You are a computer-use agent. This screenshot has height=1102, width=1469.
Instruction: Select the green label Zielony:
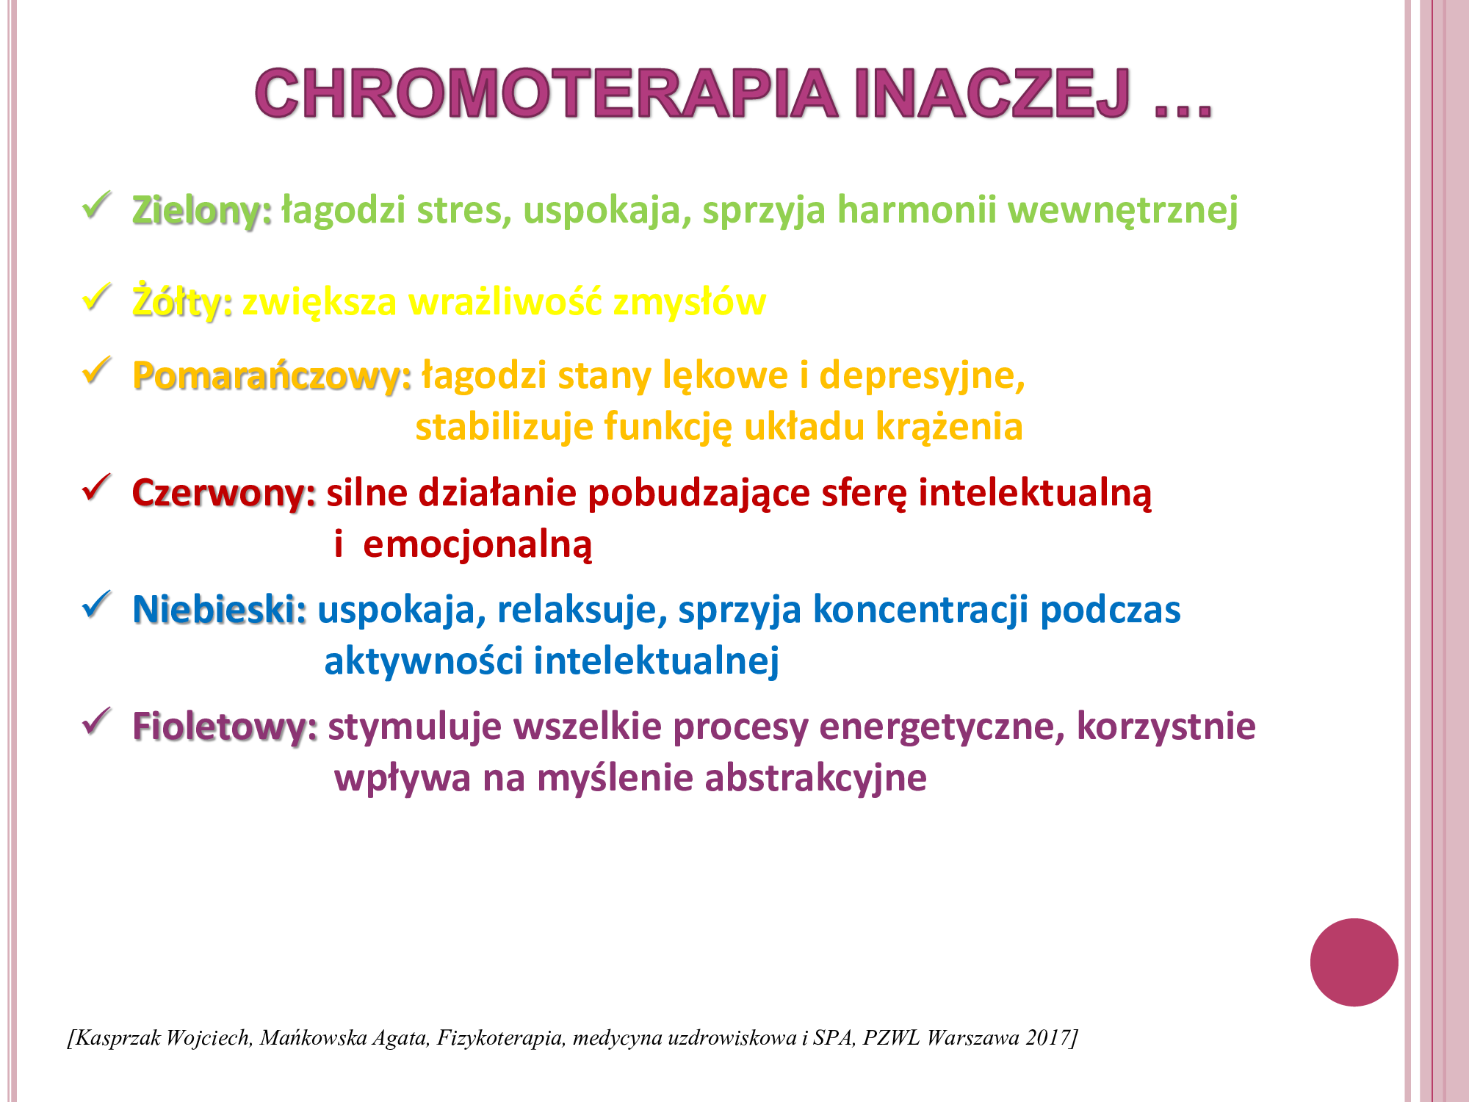tap(202, 212)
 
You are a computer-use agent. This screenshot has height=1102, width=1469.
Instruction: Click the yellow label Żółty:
tap(182, 302)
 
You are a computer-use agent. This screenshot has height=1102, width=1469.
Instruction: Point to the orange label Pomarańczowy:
tap(272, 377)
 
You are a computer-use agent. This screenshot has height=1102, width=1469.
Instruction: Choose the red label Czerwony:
tap(224, 494)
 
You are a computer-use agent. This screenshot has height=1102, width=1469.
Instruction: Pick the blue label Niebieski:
tap(220, 610)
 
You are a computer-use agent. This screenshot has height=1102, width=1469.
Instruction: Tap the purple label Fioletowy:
tap(225, 728)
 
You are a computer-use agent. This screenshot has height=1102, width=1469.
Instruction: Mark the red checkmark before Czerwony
tap(97, 487)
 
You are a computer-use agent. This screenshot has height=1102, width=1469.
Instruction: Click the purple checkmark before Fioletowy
tap(97, 721)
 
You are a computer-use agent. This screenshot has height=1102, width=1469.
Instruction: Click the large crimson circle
tap(1354, 962)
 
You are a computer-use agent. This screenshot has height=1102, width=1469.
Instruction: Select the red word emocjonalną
tap(477, 545)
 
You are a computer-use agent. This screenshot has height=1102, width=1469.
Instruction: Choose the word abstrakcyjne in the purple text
tap(815, 779)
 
